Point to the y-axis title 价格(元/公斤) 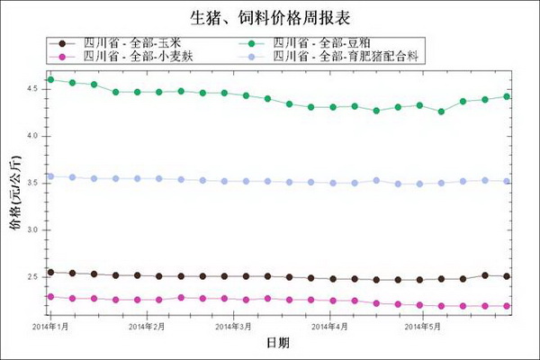tap(15, 193)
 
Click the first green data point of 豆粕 tap(50, 80)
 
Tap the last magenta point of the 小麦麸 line tap(507, 306)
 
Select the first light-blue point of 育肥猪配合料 tap(50, 176)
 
